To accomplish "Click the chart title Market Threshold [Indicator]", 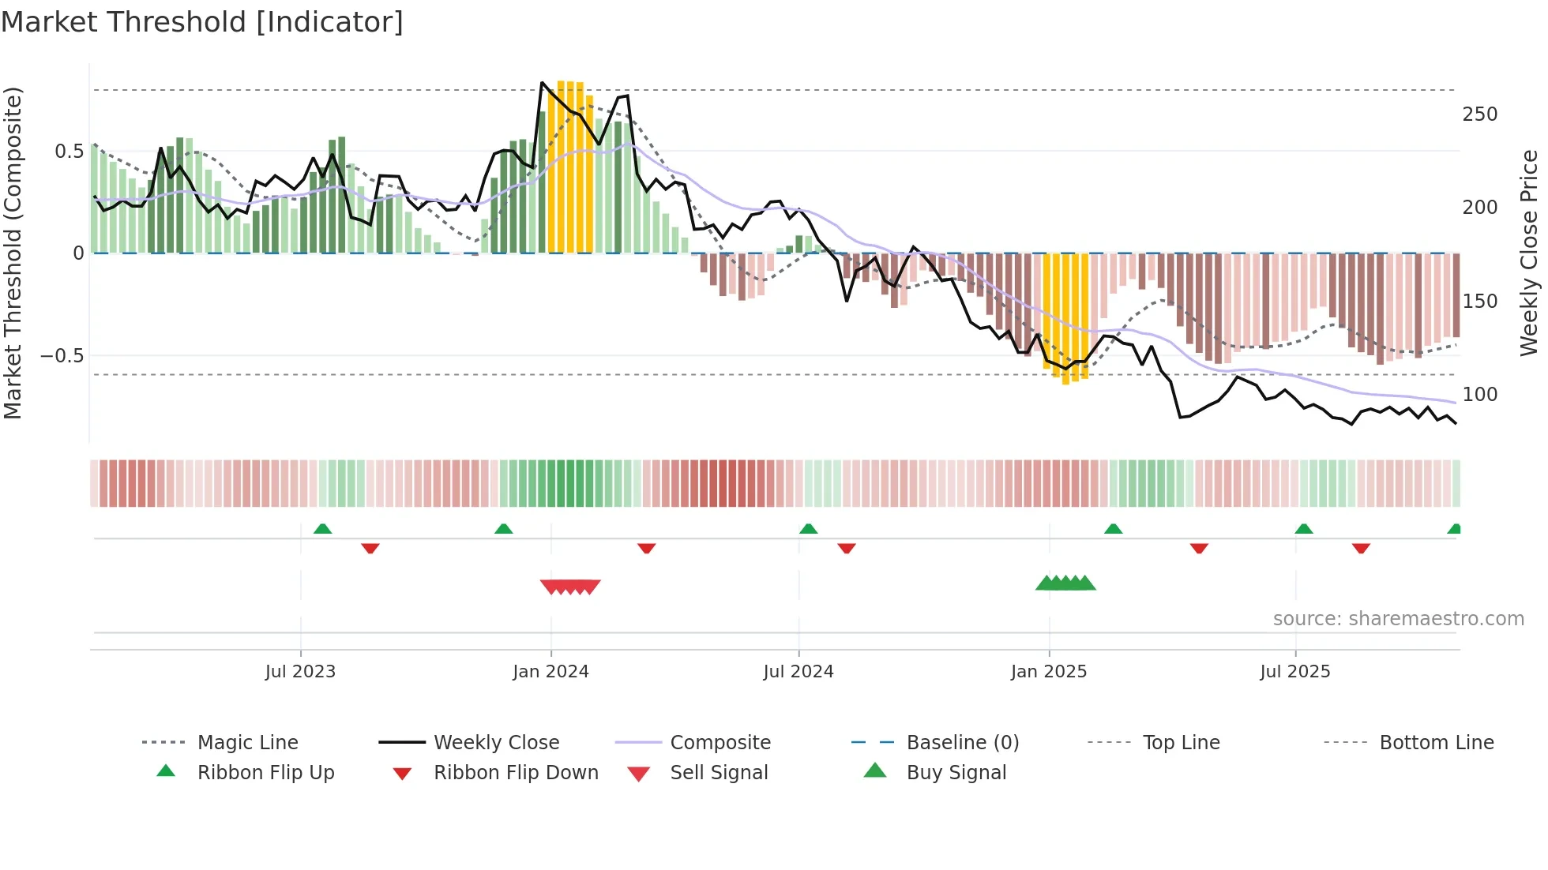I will point(202,22).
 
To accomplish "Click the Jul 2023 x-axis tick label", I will point(300,672).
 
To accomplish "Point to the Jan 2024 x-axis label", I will point(550,672).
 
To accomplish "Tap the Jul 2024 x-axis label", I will point(798,672).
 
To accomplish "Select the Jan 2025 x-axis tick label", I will point(1049,672).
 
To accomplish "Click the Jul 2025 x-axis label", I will point(1295,672).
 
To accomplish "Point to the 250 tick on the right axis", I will point(1479,114).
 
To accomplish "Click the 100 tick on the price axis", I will point(1479,395).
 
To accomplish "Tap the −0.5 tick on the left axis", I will point(62,356).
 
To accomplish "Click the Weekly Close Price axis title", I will point(1529,253).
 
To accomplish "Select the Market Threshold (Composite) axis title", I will point(13,253).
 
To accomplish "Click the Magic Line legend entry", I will point(247,743).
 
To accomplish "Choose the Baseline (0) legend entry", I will point(962,743).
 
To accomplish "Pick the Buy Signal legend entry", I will point(956,773).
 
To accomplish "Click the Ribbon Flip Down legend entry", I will point(516,773).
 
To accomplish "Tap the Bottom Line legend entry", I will point(1436,743).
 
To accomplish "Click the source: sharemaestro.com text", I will point(1398,619).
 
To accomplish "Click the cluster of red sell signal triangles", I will point(570,587).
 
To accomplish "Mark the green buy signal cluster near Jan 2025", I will point(1065,583).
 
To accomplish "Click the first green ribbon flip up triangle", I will point(322,529).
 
